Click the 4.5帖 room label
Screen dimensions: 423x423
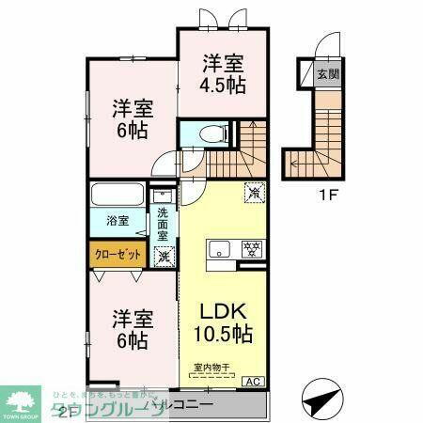click(224, 74)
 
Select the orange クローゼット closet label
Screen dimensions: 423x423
click(117, 254)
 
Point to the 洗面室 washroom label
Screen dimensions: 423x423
click(164, 225)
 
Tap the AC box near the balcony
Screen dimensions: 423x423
click(253, 381)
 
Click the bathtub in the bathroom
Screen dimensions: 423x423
click(117, 198)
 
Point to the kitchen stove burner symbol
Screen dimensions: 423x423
click(251, 248)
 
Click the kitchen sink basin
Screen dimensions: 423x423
click(218, 250)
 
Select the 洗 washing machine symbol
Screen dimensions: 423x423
click(164, 255)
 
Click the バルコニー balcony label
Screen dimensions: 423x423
click(187, 405)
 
